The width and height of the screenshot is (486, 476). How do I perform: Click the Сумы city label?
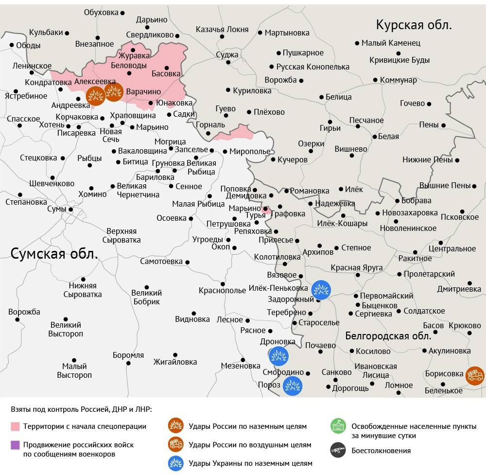[x=56, y=210]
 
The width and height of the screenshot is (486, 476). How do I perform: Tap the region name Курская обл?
[x=414, y=25]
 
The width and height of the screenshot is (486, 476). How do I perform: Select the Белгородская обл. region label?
[x=388, y=335]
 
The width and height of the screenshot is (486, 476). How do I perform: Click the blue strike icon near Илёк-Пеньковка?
[x=321, y=290]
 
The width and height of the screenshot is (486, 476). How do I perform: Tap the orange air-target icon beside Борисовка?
[x=474, y=375]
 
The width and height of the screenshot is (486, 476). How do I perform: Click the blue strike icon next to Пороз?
[x=293, y=386]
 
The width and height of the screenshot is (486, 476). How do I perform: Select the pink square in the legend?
[x=15, y=426]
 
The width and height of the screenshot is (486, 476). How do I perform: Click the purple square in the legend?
[x=15, y=445]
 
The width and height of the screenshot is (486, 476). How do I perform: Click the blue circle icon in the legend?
[x=175, y=463]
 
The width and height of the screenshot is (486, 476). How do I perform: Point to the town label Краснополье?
[x=222, y=291]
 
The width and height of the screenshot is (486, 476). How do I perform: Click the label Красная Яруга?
[x=357, y=267]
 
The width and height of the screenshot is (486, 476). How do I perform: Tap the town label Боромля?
[x=128, y=355]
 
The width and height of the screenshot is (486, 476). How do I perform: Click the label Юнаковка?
[x=174, y=103]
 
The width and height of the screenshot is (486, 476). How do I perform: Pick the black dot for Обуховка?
[x=122, y=13]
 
